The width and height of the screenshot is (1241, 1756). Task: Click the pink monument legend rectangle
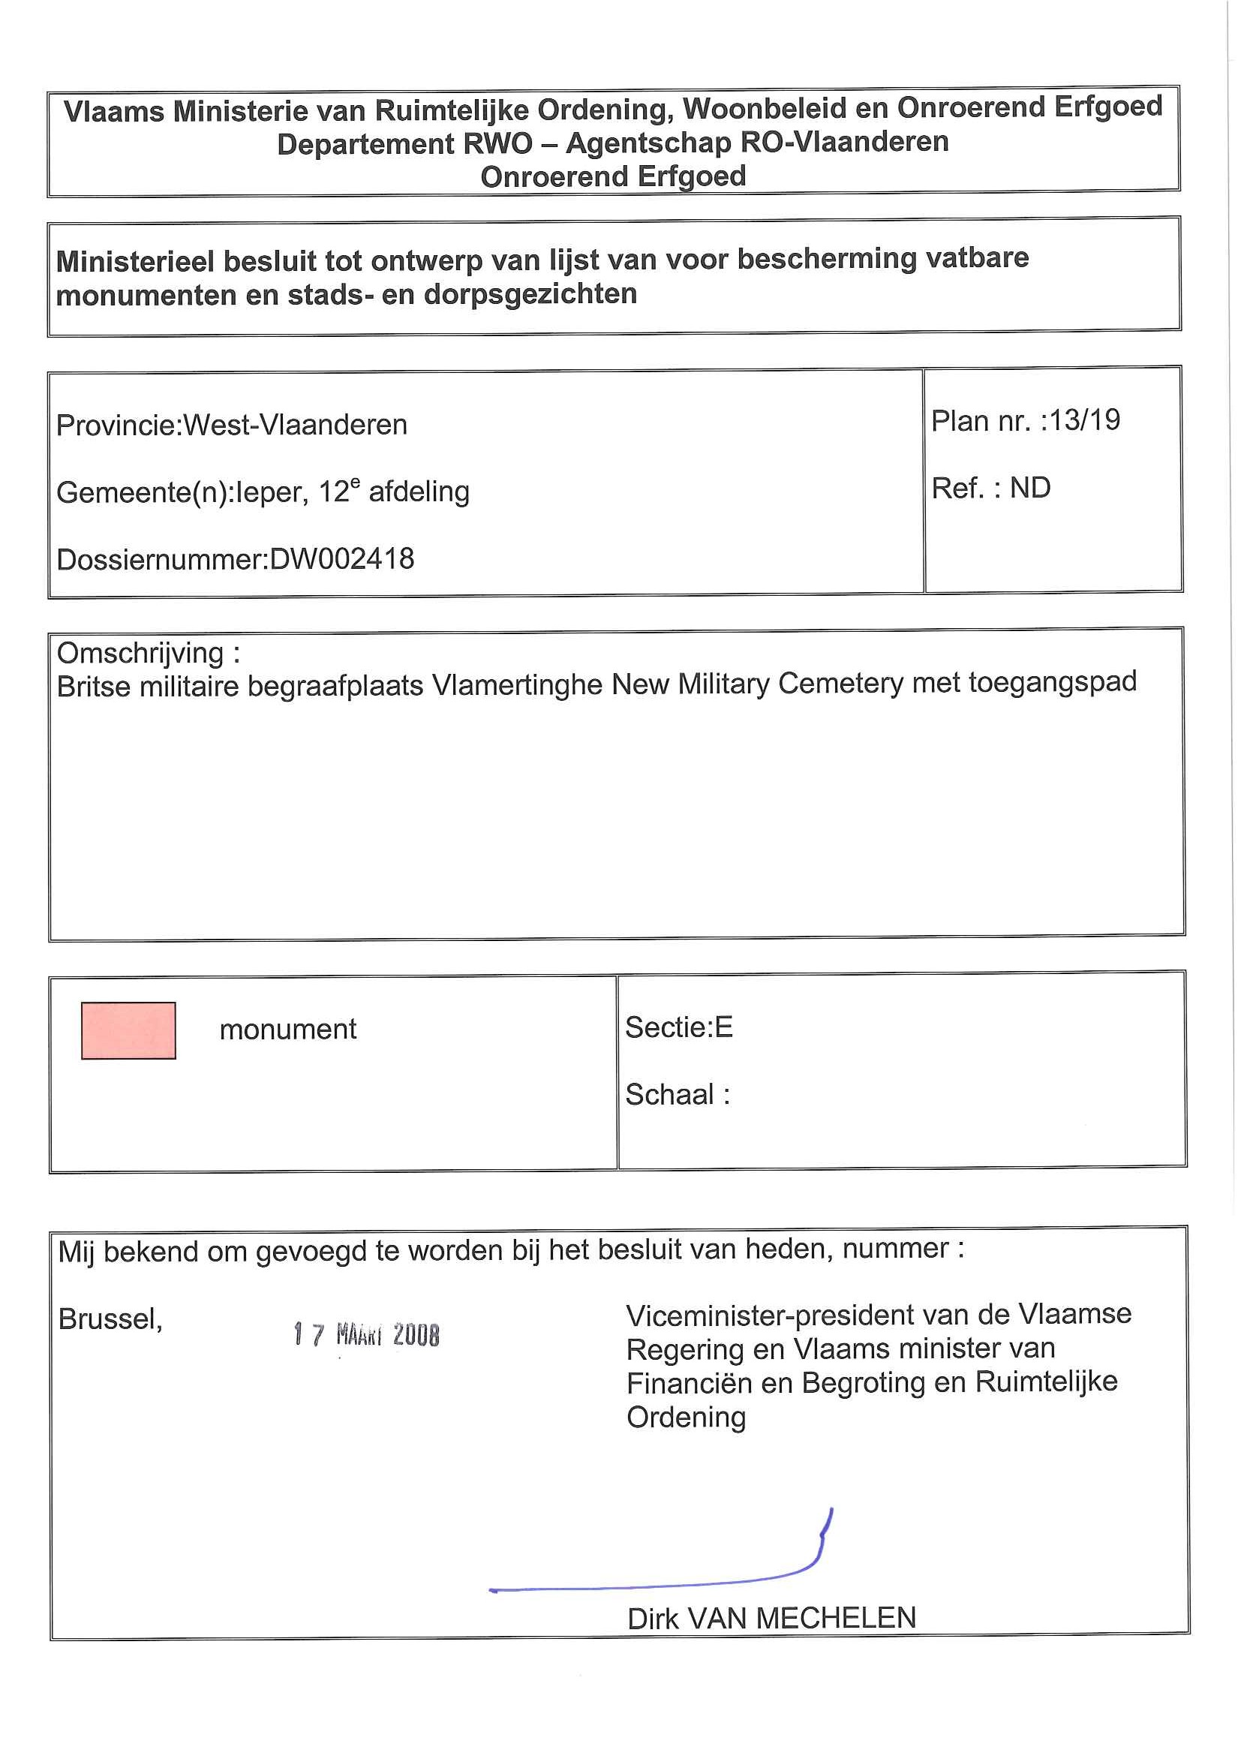click(x=128, y=1030)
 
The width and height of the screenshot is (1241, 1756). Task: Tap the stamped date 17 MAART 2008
click(x=366, y=1334)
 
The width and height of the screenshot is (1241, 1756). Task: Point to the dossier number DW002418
click(x=342, y=559)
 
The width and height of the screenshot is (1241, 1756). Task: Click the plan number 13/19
click(x=1085, y=420)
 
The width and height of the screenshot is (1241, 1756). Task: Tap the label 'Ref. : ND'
click(x=990, y=488)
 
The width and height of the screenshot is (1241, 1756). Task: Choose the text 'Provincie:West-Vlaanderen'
click(x=232, y=425)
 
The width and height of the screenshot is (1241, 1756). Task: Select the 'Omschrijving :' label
click(x=149, y=652)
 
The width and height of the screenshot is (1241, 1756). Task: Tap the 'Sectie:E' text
click(x=678, y=1027)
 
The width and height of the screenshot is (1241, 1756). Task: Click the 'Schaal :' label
click(x=677, y=1094)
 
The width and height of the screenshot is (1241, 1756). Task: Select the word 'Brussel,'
click(x=110, y=1319)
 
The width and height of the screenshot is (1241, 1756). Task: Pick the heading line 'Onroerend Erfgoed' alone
click(x=612, y=176)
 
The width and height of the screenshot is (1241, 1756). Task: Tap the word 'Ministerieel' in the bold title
click(x=134, y=262)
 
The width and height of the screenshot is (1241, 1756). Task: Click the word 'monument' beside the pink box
click(x=287, y=1030)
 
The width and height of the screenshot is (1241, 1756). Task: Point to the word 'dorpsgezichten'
click(x=530, y=294)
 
